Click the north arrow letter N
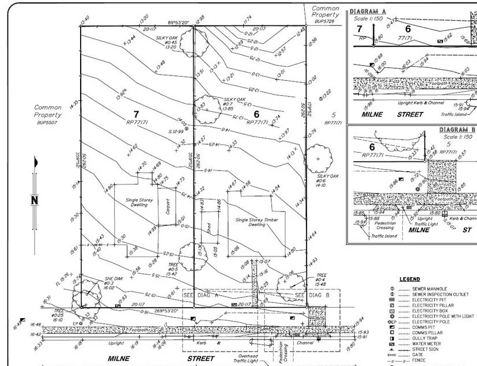coord(35,201)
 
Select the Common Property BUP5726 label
coord(325,14)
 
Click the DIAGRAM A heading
coord(368,12)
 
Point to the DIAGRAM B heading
coord(456,130)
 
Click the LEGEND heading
coord(409,279)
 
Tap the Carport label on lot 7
coord(168,207)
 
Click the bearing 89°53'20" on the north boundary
coord(179,22)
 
